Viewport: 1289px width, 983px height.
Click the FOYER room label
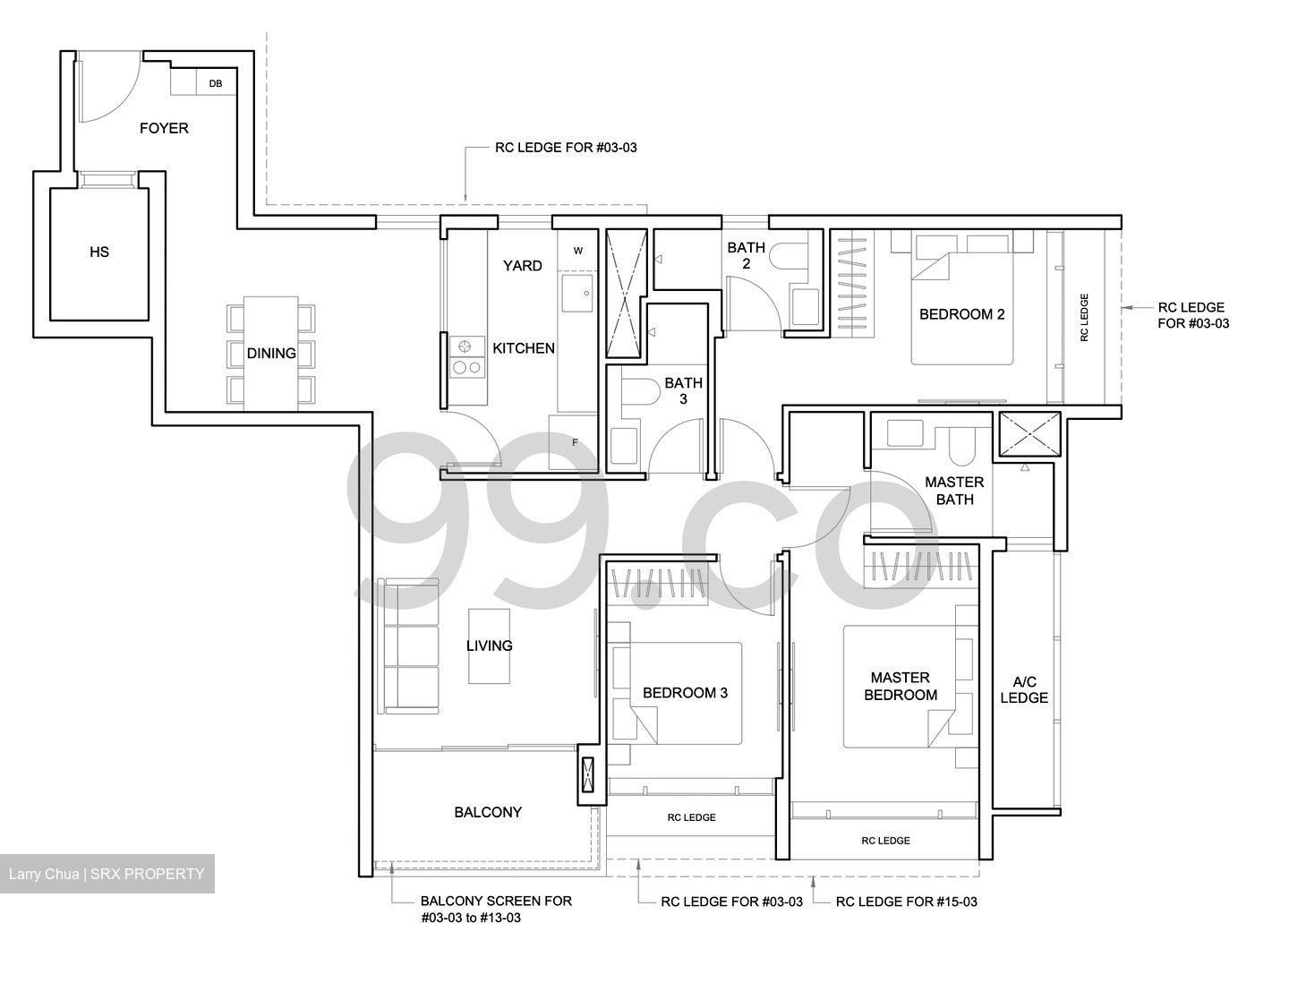(164, 128)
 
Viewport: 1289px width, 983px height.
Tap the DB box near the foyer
(216, 84)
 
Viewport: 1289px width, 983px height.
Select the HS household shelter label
(98, 252)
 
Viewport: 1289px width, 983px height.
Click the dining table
(270, 354)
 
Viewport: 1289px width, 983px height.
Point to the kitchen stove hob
(465, 355)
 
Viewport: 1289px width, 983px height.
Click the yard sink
(576, 292)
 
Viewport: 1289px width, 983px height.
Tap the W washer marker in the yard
(577, 251)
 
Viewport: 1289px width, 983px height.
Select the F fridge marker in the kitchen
(575, 441)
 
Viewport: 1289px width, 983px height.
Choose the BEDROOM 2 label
(961, 314)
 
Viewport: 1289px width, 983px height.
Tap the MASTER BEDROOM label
(901, 686)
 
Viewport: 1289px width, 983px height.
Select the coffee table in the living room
(489, 645)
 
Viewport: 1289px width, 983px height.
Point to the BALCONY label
(488, 812)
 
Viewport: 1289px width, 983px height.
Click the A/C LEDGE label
(1023, 689)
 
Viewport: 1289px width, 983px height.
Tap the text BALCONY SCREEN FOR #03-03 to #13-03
(495, 909)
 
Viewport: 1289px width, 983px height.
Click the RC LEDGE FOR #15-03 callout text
(906, 902)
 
